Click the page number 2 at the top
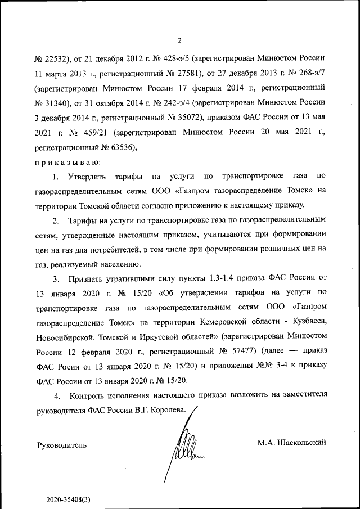[x=179, y=40]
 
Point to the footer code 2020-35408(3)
[x=69, y=499]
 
